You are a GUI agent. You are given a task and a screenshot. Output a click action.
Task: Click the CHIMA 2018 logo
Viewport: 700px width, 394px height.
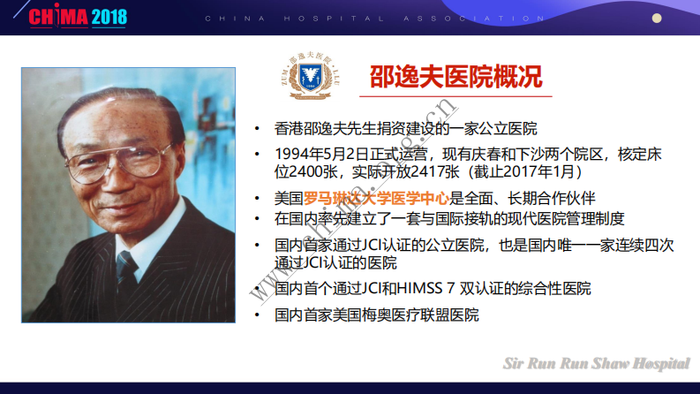click(79, 17)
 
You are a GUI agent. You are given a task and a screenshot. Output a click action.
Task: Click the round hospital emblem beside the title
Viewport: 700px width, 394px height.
click(312, 77)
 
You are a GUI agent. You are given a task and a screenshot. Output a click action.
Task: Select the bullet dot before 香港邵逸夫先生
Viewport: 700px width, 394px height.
click(256, 129)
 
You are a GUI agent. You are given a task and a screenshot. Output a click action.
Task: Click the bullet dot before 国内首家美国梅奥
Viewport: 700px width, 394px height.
click(256, 315)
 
